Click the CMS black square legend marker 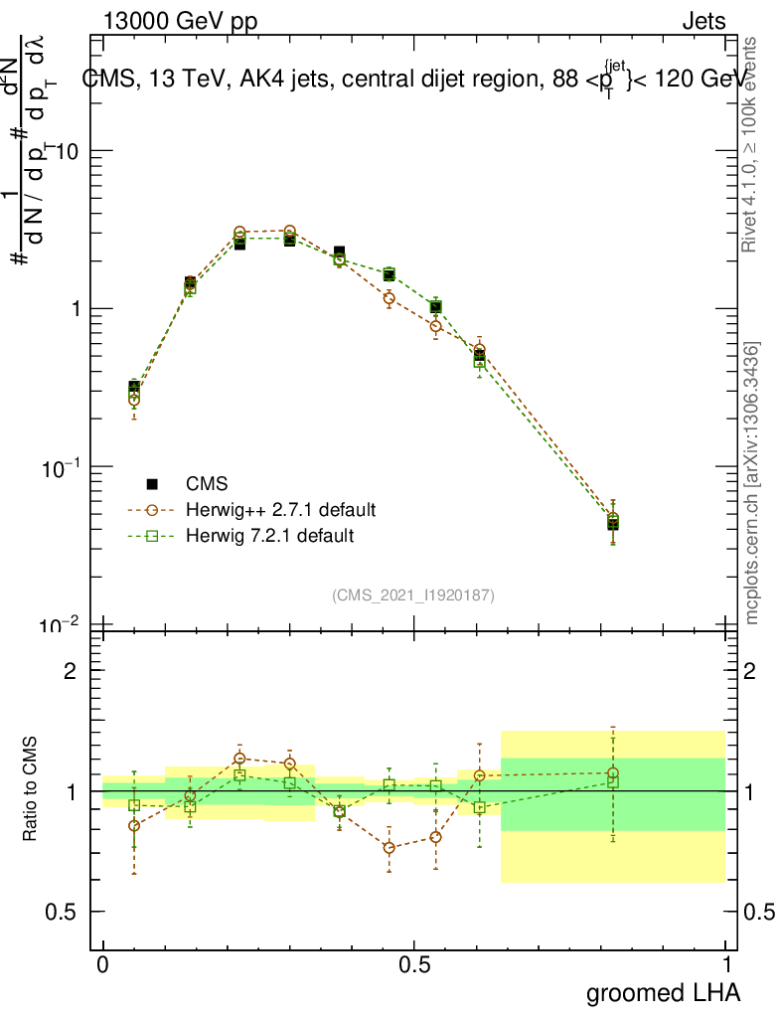click(152, 484)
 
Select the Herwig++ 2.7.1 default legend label click(280, 510)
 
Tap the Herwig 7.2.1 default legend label click(269, 536)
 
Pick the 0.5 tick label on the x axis click(414, 964)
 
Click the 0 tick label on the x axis click(103, 964)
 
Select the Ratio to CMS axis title click(30, 790)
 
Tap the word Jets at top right click(703, 22)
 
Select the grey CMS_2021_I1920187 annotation click(413, 594)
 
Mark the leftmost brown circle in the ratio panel click(134, 825)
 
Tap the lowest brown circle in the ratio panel click(390, 848)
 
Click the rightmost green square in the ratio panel click(613, 781)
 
